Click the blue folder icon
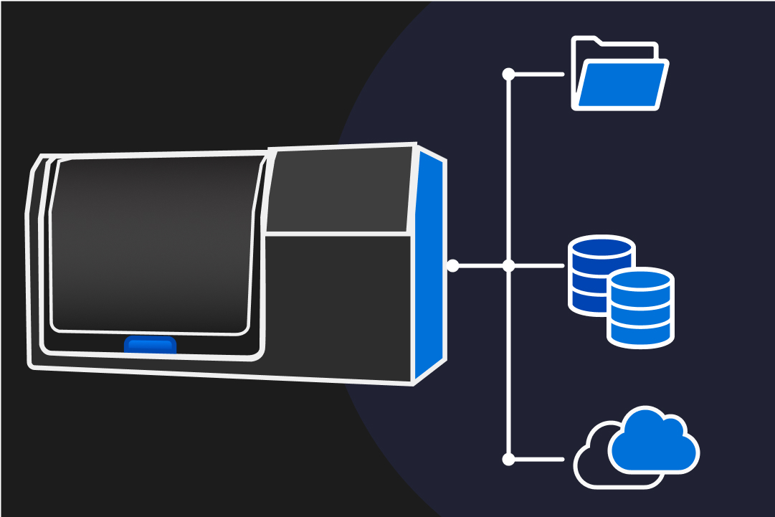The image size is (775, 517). pos(621,85)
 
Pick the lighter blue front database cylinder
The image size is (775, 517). pos(640,306)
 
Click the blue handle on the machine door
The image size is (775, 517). pos(150,346)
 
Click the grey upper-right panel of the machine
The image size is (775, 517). pos(340,190)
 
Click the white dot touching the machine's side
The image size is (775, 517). pos(452,266)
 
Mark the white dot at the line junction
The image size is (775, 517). pos(509,266)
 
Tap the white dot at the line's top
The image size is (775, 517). pos(509,74)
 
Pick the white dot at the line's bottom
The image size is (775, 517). pos(509,459)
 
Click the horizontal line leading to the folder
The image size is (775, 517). pos(538,74)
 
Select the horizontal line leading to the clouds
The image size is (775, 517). pos(538,459)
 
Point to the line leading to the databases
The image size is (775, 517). pos(538,266)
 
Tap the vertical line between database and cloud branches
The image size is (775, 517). pos(509,362)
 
